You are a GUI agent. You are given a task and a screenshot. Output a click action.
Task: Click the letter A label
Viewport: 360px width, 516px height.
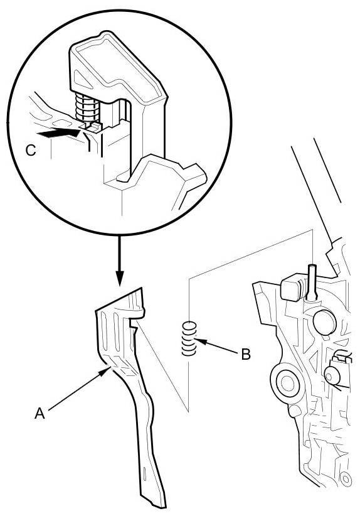(40, 413)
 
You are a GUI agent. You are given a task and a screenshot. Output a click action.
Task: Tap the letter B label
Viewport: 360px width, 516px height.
(246, 355)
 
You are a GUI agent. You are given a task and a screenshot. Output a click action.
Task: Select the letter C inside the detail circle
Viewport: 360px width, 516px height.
(31, 151)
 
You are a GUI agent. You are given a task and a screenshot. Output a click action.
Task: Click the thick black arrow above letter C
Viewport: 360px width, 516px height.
(58, 134)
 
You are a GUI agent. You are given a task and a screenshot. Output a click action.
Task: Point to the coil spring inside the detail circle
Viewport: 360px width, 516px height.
(87, 107)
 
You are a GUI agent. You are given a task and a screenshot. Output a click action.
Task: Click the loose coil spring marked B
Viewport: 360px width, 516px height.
(189, 339)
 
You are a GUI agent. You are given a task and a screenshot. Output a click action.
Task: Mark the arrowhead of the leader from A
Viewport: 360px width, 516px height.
(105, 371)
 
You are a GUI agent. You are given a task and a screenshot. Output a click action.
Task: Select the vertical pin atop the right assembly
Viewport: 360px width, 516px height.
(312, 282)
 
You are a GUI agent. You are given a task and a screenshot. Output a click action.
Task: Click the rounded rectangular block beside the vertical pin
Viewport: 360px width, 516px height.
(290, 289)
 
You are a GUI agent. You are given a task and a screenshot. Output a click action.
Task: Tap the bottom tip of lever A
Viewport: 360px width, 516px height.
(164, 507)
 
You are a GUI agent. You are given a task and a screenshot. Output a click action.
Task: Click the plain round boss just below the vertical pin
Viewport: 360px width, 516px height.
(325, 322)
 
